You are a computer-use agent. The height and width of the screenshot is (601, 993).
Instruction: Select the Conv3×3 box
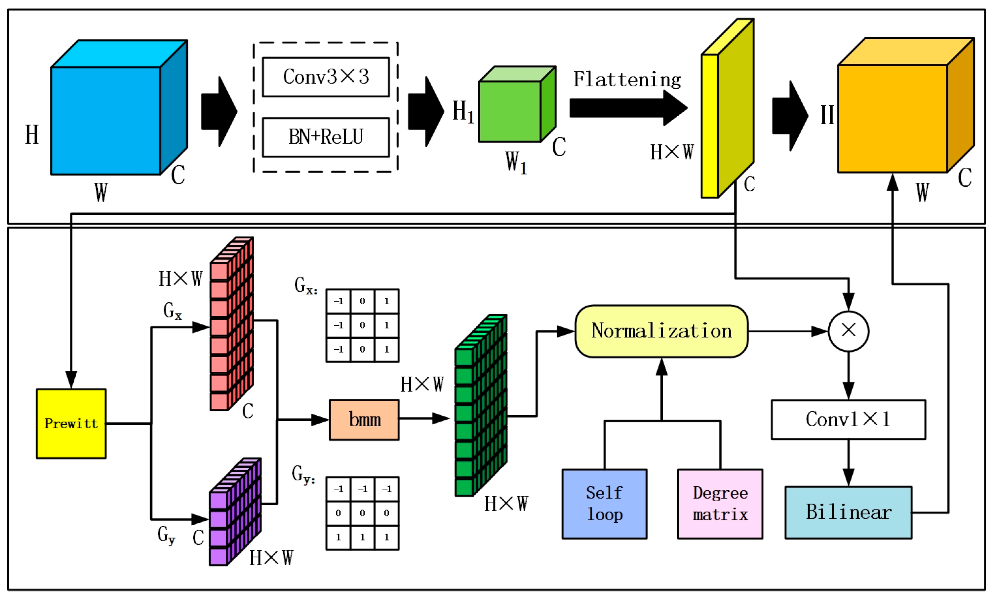[326, 77]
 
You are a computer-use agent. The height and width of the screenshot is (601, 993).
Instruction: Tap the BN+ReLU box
[326, 137]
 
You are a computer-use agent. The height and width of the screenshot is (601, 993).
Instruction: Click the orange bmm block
[364, 420]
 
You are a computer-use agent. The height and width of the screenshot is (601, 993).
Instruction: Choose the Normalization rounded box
[661, 331]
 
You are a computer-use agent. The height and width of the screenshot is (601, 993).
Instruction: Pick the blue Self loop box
[604, 504]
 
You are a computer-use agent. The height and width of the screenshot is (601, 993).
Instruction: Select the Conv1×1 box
[848, 419]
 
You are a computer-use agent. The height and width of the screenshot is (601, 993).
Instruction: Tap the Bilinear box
[848, 512]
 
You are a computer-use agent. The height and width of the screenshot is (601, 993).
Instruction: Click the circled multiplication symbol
[848, 331]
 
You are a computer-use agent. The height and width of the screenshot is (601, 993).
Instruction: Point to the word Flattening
[627, 79]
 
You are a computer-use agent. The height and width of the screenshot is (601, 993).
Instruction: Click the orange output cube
[893, 118]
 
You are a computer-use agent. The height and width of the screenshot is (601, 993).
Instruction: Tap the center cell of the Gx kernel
[362, 325]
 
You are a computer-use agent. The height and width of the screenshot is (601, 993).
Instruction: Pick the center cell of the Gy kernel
[362, 513]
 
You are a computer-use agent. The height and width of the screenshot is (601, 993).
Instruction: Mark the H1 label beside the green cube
[463, 112]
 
